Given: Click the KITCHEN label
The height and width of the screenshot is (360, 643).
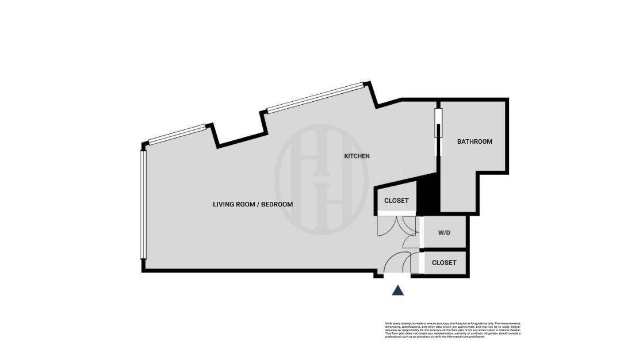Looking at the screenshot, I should [x=357, y=156].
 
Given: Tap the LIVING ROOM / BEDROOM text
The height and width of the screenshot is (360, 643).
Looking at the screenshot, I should [x=253, y=204].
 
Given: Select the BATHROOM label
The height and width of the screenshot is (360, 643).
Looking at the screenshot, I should [x=474, y=141].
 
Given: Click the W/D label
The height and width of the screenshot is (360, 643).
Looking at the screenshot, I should [x=444, y=233].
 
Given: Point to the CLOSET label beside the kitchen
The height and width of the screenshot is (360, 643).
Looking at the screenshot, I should [x=396, y=201].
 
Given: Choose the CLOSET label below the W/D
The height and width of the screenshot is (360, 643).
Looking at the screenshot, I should [x=444, y=262].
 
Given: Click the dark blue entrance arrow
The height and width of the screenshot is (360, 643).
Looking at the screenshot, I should [x=397, y=290].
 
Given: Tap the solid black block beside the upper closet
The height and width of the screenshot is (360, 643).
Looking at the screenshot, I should [x=427, y=196].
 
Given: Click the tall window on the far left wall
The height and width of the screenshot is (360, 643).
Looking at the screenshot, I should [x=142, y=205].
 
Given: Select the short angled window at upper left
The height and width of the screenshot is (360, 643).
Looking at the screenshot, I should [x=177, y=134].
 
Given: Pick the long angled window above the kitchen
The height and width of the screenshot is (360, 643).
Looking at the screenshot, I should [x=315, y=98].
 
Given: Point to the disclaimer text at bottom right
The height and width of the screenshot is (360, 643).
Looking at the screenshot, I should [x=453, y=330].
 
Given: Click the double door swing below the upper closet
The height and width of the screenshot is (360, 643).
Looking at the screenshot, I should [x=396, y=227].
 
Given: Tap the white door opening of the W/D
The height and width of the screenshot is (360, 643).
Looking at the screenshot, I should [x=420, y=233].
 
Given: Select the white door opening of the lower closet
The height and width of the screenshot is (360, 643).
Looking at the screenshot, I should [x=420, y=262].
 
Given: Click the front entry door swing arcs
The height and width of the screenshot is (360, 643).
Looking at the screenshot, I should [x=397, y=265].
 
